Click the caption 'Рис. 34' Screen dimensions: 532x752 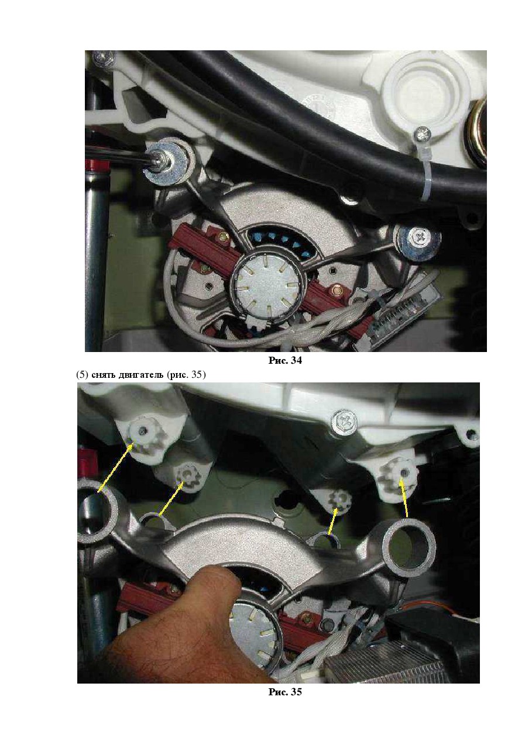pos(284,360)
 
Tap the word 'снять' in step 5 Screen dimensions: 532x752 pos(102,375)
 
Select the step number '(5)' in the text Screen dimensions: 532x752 pos(83,374)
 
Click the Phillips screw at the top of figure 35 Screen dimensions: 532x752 pos(343,420)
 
